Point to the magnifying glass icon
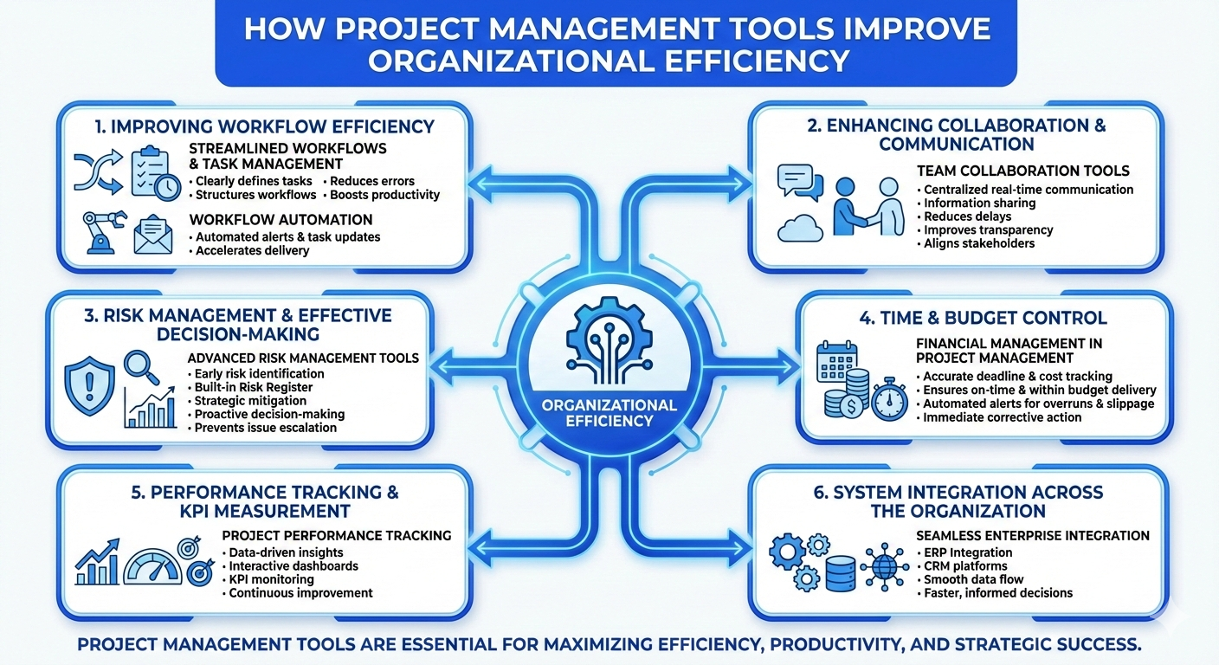[140, 368]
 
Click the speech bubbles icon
[798, 181]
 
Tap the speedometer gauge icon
[152, 565]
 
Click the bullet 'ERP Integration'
[967, 552]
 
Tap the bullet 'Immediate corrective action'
[1002, 417]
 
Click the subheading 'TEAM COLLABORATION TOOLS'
[1022, 171]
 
